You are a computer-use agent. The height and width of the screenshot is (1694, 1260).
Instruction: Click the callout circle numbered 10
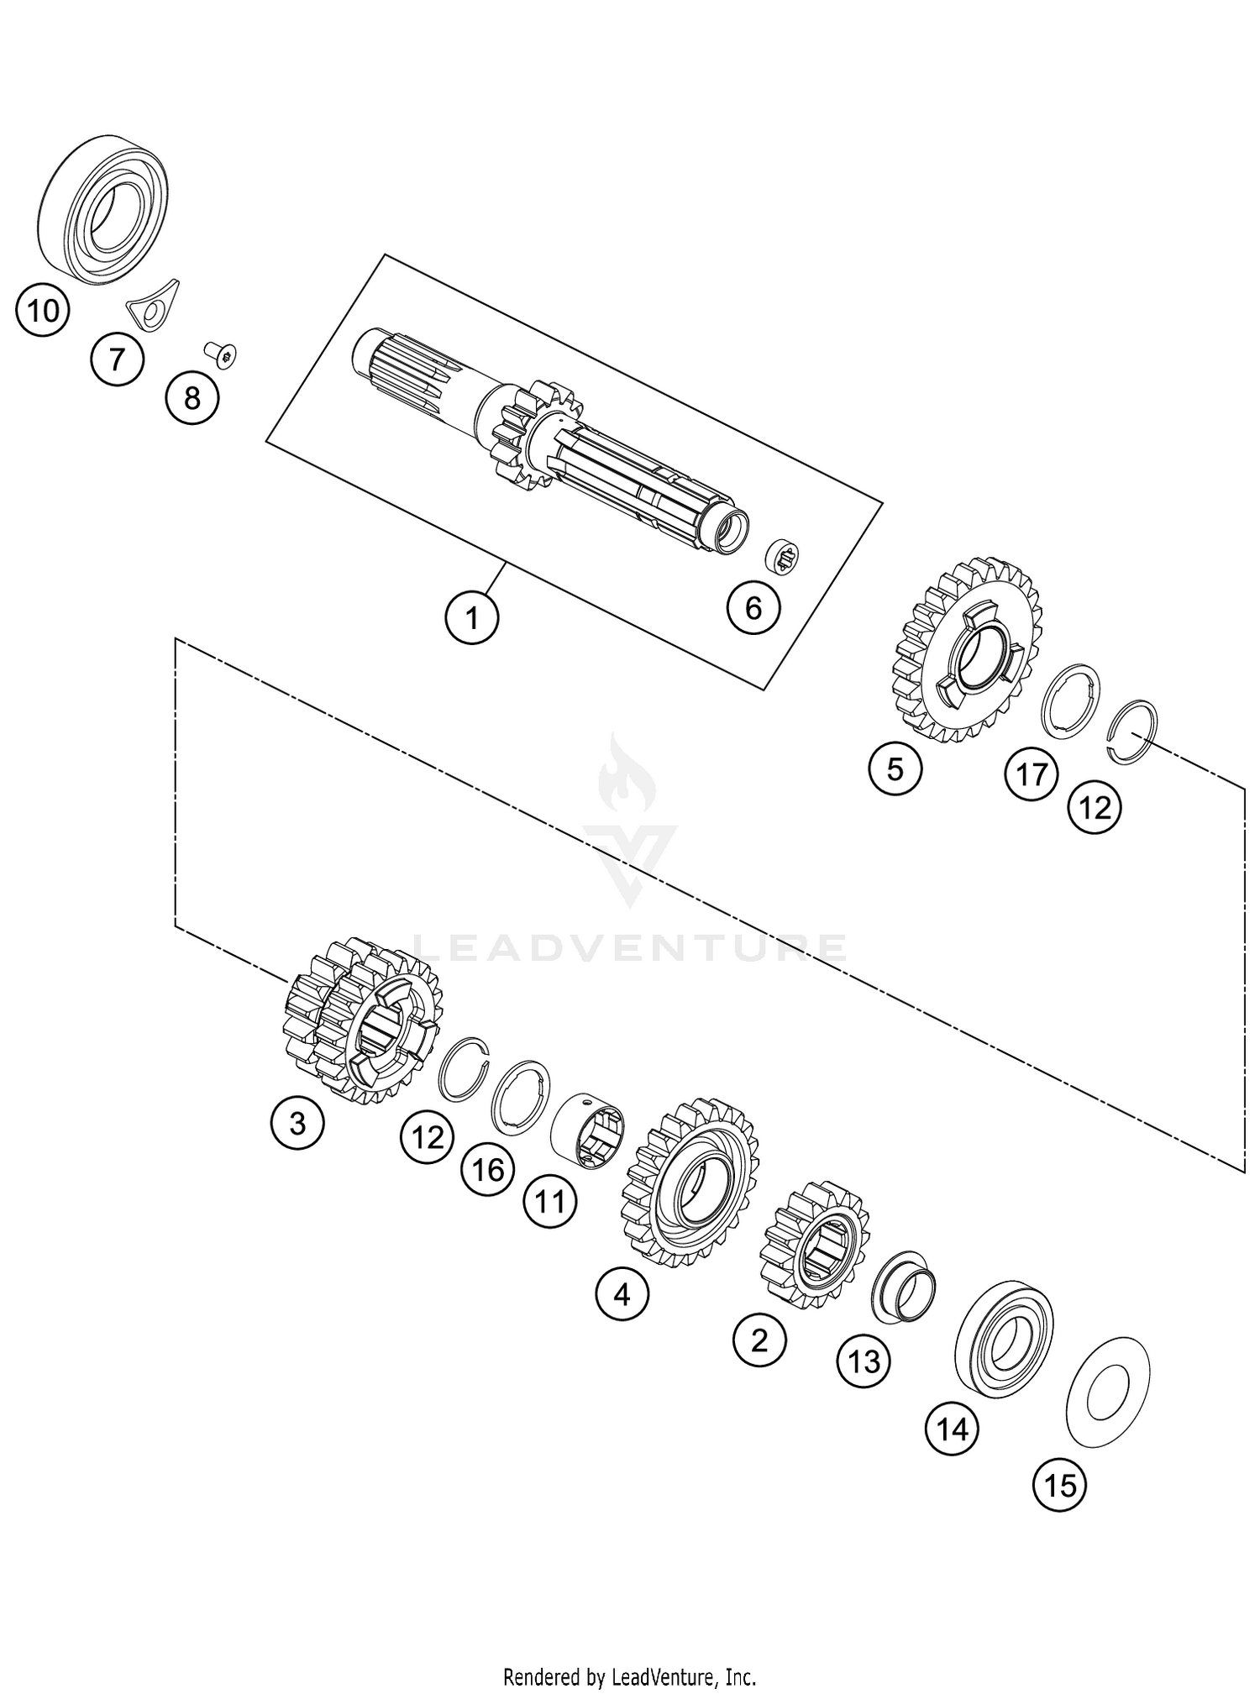[43, 311]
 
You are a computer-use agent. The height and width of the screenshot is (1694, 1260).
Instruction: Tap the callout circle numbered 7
[117, 359]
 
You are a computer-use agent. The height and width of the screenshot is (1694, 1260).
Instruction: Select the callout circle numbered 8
[192, 397]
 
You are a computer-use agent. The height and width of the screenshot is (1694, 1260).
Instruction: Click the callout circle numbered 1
[472, 618]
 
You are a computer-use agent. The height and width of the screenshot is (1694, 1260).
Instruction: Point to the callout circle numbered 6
[753, 606]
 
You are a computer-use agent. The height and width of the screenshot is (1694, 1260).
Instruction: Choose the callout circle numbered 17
[1032, 774]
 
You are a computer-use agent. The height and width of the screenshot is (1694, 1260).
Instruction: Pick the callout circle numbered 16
[488, 1169]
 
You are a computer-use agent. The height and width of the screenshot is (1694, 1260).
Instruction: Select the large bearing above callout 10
[103, 208]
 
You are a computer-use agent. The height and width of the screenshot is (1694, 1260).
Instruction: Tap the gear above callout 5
[970, 651]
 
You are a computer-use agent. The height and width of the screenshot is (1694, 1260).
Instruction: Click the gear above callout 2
[813, 1245]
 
